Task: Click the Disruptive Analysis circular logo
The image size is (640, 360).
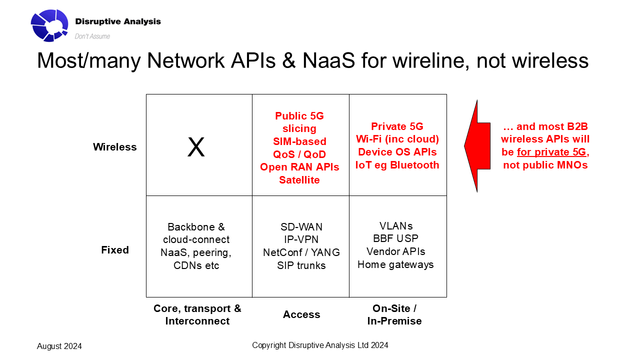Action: point(49,25)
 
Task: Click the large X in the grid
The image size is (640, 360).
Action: point(196,147)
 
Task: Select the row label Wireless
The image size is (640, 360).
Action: point(114,147)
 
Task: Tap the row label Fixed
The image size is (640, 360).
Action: point(115,250)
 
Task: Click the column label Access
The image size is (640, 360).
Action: point(301,314)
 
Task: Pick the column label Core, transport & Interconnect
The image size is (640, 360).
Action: point(197,314)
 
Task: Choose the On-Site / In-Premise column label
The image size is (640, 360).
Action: point(394,314)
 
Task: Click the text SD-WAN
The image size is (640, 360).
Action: point(301,227)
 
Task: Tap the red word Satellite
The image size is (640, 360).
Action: point(299,180)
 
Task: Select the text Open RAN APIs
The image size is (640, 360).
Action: point(299,167)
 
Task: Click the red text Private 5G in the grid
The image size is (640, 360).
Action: point(397,126)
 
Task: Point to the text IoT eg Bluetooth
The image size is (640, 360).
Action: point(397,165)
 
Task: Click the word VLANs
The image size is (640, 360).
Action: point(395,225)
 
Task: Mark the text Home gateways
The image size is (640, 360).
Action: point(395,264)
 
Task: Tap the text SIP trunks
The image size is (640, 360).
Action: point(301,265)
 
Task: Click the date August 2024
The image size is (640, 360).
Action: point(59,346)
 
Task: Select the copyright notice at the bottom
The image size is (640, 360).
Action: point(320,345)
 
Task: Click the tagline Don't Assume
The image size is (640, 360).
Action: point(92,36)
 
